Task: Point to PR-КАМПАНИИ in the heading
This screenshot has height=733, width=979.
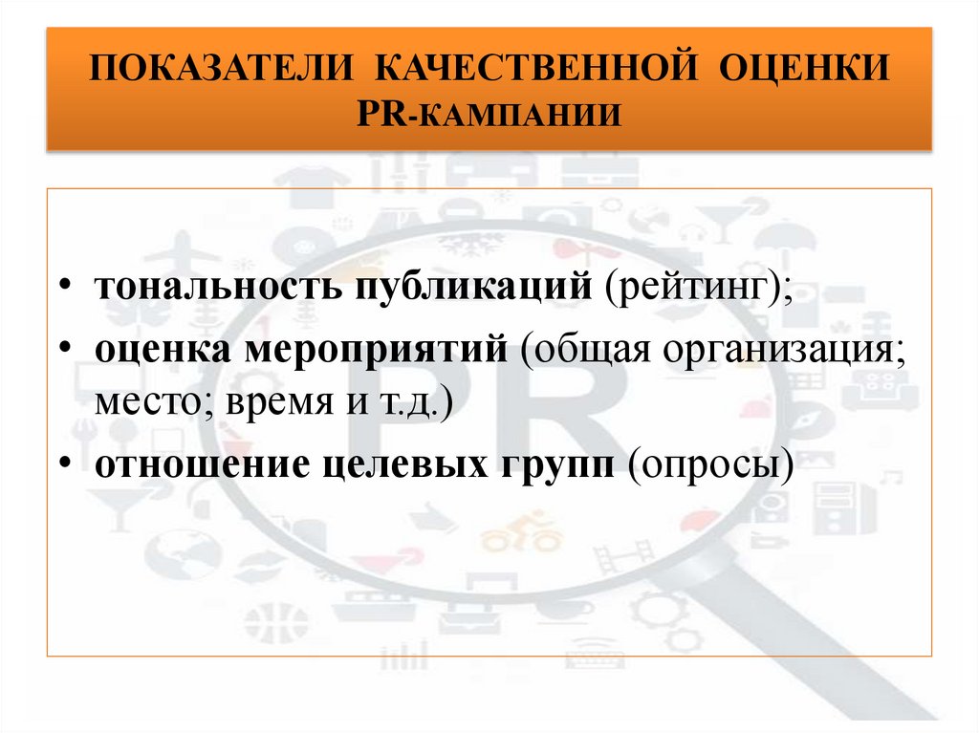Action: (489, 115)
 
